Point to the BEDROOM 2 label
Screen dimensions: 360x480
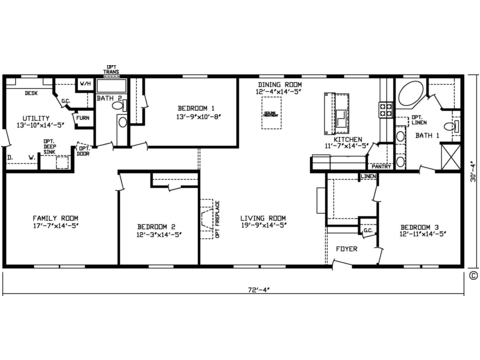(x=156, y=227)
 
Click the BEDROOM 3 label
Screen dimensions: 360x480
(x=417, y=227)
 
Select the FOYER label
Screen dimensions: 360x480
(x=346, y=247)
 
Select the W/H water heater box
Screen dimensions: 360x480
(x=85, y=84)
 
